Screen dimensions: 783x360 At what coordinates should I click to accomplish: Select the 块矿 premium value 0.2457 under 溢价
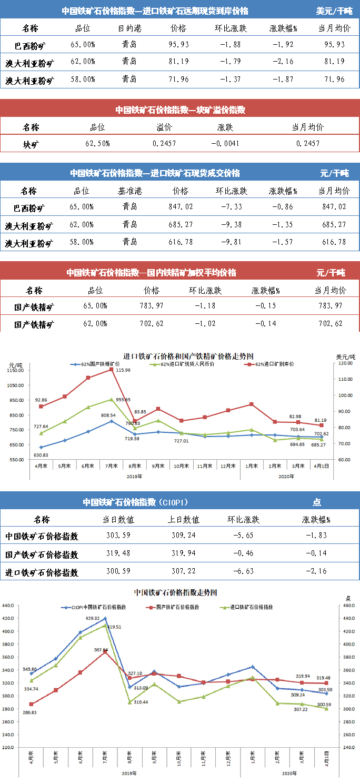[x=164, y=144]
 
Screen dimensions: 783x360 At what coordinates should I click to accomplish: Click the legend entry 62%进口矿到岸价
[x=274, y=364]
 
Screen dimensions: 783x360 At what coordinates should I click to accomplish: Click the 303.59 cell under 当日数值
[x=118, y=536]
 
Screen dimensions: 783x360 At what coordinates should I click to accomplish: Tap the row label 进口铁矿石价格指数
[x=42, y=572]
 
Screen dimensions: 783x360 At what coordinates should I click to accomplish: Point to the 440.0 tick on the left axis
[x=10, y=606]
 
